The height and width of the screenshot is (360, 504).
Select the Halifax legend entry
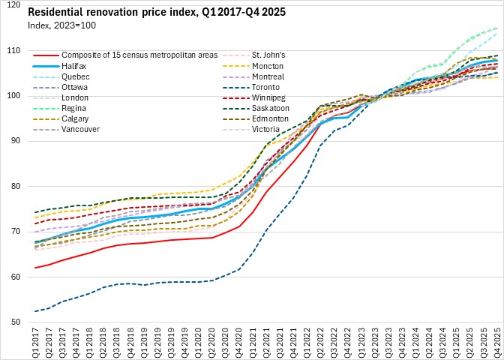tap(76, 65)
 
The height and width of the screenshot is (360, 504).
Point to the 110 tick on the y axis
tap(14, 50)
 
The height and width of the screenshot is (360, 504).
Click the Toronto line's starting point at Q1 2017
tap(34, 311)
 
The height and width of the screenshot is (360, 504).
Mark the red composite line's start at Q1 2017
tap(34, 268)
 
